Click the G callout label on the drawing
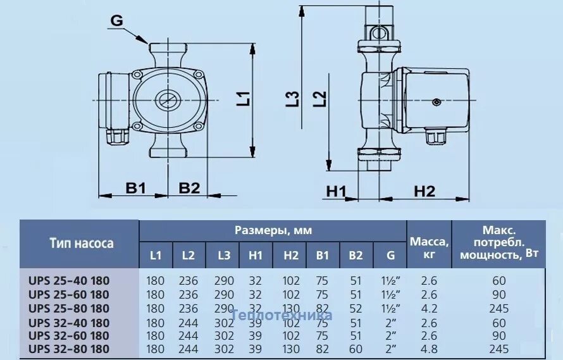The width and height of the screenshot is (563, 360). (116, 20)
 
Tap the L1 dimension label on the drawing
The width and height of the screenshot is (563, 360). (244, 99)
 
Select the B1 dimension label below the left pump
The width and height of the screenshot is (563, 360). (135, 187)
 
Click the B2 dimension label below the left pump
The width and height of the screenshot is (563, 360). (189, 187)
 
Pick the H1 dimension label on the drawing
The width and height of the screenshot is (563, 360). (336, 192)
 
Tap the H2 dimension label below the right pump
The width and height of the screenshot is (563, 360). (424, 192)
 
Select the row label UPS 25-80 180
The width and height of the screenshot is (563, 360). (69, 309)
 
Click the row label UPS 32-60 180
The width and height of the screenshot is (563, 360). (69, 335)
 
